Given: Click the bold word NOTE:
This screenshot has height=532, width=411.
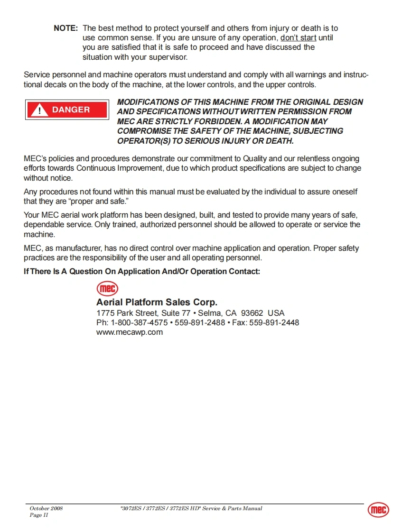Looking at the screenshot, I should (65, 28).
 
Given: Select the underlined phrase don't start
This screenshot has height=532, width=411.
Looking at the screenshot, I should (298, 38).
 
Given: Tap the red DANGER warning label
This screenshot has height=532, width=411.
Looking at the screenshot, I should (66, 110).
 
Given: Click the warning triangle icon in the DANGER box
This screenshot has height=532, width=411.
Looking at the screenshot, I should (40, 110).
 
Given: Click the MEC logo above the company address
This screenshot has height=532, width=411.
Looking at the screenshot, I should (107, 289).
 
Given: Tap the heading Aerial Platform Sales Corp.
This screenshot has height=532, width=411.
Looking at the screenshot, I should (157, 303).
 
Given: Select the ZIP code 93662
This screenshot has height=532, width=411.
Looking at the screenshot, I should (252, 313).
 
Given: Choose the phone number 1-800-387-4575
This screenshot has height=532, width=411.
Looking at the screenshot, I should (139, 322).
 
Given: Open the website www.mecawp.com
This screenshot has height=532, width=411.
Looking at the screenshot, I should (130, 332).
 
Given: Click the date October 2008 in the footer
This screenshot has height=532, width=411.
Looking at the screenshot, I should (46, 508).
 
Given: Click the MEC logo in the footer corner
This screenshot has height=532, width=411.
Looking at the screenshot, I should (378, 510).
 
